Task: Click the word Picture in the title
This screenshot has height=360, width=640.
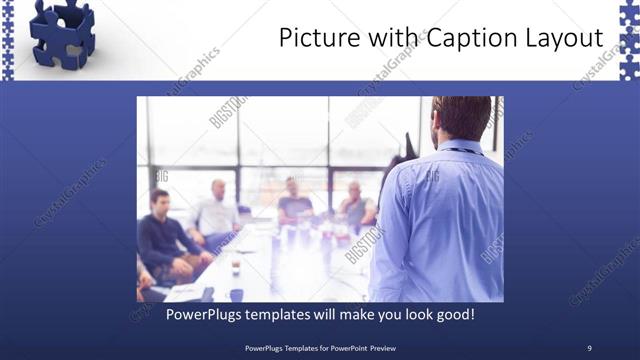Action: point(313,39)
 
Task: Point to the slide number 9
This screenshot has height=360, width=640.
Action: point(589,348)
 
